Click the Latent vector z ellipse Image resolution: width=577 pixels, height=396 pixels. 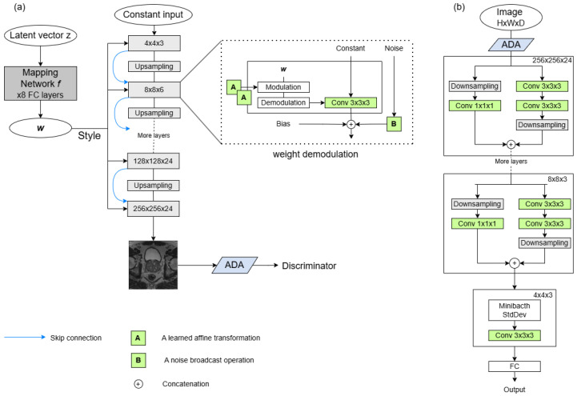click(41, 35)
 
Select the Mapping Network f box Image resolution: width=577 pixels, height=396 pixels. click(41, 83)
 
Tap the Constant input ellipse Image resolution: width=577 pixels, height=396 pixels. click(154, 14)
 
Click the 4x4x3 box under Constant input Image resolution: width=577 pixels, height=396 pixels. click(154, 43)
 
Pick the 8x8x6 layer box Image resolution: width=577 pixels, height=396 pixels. click(154, 90)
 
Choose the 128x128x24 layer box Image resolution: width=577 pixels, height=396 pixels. click(154, 161)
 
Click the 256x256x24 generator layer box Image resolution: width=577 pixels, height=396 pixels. click(154, 209)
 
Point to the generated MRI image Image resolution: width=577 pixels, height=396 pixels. click(153, 265)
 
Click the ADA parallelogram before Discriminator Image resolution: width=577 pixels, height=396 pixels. click(234, 265)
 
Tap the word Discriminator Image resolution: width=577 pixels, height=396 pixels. click(309, 266)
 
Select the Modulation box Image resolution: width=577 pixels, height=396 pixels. click(283, 87)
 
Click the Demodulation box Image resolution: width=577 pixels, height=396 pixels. click(283, 102)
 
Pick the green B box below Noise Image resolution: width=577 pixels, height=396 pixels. click(394, 124)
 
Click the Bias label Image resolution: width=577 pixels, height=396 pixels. click(283, 124)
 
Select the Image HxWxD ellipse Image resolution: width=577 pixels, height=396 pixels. click(511, 18)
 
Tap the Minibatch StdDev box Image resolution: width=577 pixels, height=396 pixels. click(515, 310)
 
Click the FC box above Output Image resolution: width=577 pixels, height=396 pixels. click(515, 366)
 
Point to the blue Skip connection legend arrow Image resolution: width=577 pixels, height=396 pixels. click(25, 337)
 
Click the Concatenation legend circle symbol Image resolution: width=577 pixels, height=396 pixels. click(138, 384)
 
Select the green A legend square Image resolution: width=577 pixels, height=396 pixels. click(138, 338)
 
